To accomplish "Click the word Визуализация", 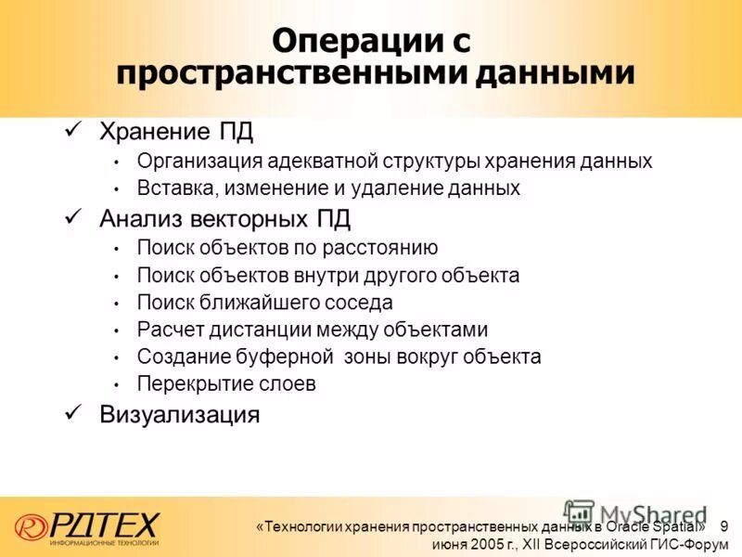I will (x=179, y=414).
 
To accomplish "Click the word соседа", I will (x=359, y=303).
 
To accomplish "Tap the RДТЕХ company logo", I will (x=88, y=526).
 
